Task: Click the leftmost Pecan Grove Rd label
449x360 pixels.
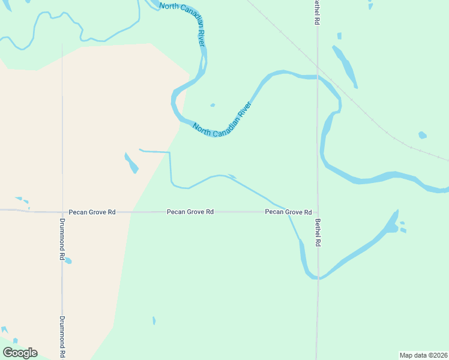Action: pos(92,212)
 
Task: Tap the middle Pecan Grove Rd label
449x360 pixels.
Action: pos(190,212)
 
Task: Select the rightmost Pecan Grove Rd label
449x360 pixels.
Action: pos(288,212)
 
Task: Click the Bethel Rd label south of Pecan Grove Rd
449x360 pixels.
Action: pos(318,232)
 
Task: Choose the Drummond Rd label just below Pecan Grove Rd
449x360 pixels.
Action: pos(62,238)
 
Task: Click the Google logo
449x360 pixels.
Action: pos(20,353)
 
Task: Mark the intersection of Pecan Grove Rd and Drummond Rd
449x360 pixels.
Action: pos(62,212)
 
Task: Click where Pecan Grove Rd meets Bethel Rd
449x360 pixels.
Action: pos(318,212)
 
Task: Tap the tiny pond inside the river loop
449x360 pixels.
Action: pos(212,106)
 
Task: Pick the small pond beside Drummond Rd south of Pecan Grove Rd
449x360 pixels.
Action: pos(68,261)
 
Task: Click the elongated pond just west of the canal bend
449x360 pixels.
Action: pos(131,163)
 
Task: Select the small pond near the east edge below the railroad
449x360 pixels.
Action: pos(423,135)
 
